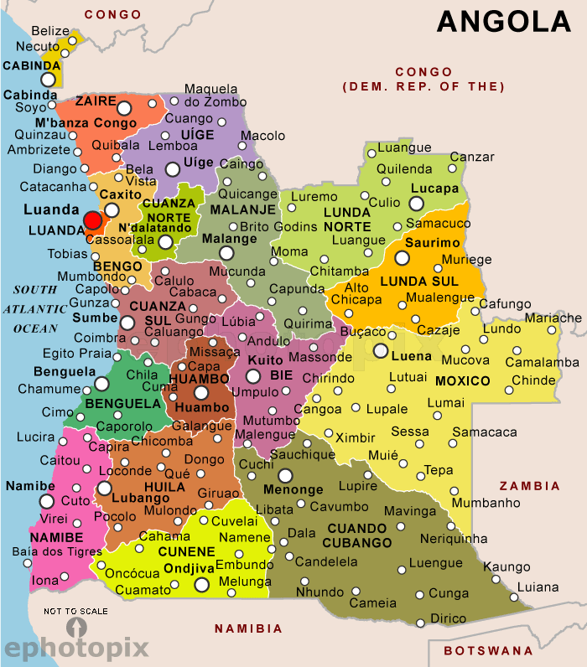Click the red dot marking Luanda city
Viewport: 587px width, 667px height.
[92, 220]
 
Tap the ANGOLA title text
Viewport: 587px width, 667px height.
[503, 22]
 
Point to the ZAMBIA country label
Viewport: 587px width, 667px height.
[529, 486]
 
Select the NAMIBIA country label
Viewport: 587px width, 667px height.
[248, 628]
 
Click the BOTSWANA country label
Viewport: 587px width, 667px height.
[488, 650]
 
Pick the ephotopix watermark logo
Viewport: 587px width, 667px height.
[76, 647]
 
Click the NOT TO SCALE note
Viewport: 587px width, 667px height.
[75, 611]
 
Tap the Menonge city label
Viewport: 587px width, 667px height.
[293, 489]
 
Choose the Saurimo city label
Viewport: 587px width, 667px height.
[432, 243]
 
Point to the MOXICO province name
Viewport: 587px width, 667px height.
[462, 381]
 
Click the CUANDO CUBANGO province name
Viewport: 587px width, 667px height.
[359, 535]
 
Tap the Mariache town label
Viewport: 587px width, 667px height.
[553, 318]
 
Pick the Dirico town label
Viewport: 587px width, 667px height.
[447, 618]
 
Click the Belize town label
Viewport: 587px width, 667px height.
[50, 31]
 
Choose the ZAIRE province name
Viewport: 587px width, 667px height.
[96, 101]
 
